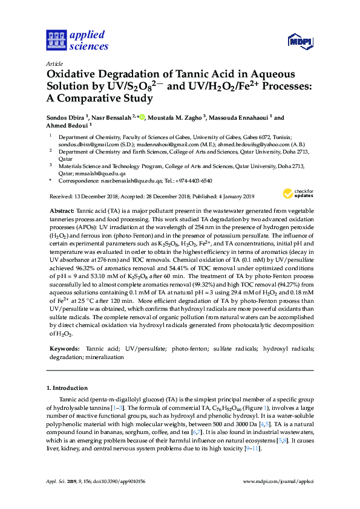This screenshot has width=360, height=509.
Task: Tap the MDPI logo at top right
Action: click(x=300, y=41)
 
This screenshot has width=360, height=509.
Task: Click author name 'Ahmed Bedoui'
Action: click(x=66, y=126)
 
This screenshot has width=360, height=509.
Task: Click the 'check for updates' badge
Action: click(x=296, y=194)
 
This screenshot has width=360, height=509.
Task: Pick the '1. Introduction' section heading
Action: click(x=66, y=387)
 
